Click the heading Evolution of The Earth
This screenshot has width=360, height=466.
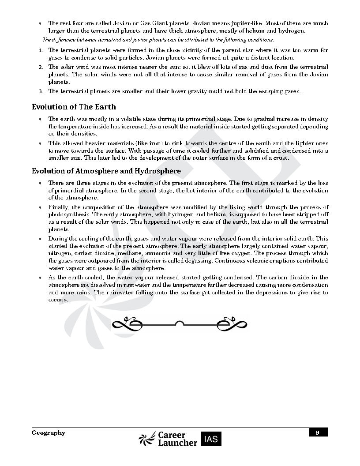tap(74, 107)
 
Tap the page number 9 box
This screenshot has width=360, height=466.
tap(317, 432)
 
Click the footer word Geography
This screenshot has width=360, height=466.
tap(49, 433)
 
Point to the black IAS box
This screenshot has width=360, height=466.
tap(211, 439)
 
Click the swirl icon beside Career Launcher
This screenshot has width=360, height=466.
tap(147, 439)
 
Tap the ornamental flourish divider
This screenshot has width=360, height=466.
tap(180, 324)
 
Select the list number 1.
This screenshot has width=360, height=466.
tap(40, 50)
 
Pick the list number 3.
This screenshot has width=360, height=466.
tap(40, 92)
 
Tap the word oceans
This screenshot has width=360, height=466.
tap(57, 300)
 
